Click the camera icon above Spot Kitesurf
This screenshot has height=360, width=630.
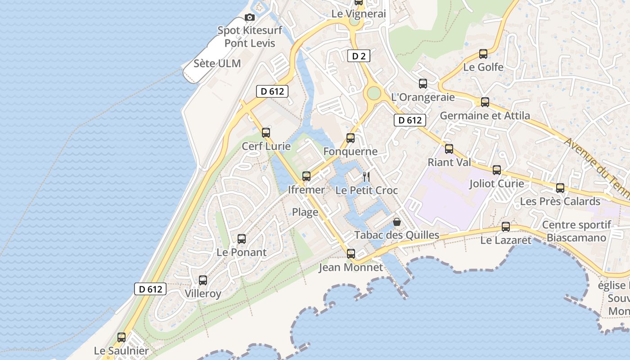tap(249, 18)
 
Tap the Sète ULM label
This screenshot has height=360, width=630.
tap(217, 63)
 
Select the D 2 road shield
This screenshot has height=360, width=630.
tap(359, 56)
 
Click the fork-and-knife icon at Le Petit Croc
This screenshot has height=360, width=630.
tap(366, 176)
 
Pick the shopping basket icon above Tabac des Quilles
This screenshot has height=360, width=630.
tap(397, 221)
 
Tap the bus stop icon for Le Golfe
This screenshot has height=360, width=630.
tap(483, 54)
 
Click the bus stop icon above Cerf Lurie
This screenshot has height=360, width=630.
tap(266, 133)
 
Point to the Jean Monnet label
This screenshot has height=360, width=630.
tap(351, 267)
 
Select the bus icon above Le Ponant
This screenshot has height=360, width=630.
tap(242, 239)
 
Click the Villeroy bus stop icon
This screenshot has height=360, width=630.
tap(203, 280)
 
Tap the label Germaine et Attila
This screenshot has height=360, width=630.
tap(485, 116)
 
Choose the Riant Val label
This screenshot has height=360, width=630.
tap(449, 162)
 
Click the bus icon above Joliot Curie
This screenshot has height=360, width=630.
tap(497, 170)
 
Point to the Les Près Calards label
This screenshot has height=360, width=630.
tap(560, 201)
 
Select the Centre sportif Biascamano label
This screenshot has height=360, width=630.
tap(576, 231)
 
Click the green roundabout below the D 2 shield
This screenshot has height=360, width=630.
tap(373, 94)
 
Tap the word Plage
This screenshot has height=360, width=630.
tap(305, 212)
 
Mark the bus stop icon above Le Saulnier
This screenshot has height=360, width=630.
tap(121, 337)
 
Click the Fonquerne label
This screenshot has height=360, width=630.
tap(350, 152)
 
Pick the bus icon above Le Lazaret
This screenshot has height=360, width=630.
tap(506, 227)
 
